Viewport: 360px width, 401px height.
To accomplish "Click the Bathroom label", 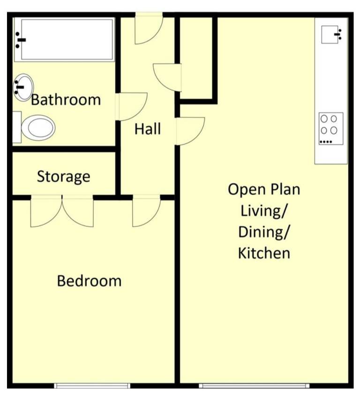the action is [x=66, y=100].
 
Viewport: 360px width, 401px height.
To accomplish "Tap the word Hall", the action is [x=148, y=129].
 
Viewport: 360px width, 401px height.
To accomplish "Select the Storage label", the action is [x=64, y=176].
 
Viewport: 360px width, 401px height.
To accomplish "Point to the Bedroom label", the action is [x=89, y=281].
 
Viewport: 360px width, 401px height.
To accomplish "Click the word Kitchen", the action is [x=264, y=253].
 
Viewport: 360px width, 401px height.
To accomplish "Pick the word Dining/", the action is [x=264, y=232].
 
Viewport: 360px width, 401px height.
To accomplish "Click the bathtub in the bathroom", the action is [x=64, y=40].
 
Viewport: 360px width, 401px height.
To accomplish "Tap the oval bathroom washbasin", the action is [x=23, y=87].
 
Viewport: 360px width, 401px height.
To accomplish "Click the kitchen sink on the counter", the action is [x=331, y=35].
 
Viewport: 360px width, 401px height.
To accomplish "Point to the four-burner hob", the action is [x=331, y=129].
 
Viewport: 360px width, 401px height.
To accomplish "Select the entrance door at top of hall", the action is [x=149, y=28].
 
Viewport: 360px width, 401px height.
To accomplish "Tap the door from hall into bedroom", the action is [x=147, y=211].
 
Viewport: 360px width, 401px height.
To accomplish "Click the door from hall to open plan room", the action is [x=190, y=131].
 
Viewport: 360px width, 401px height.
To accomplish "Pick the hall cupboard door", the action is [x=167, y=77].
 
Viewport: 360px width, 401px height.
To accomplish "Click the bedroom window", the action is [x=92, y=386].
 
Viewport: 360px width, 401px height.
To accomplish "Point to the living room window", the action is [x=254, y=386].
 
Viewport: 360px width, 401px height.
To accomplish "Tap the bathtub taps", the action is [x=20, y=40].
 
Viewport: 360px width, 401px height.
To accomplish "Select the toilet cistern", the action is [x=17, y=127].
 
